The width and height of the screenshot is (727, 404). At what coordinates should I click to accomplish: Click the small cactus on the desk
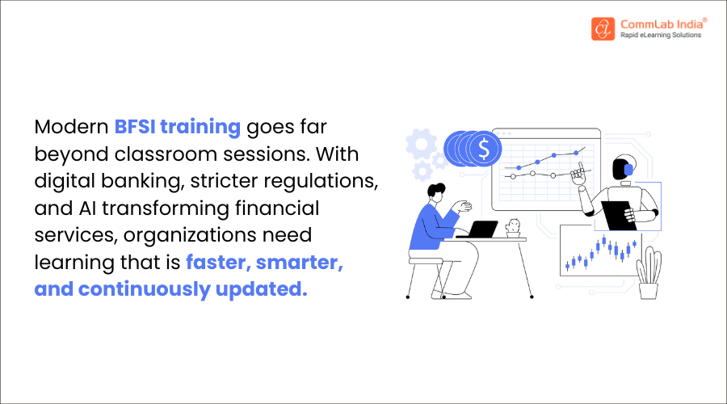click(x=512, y=226)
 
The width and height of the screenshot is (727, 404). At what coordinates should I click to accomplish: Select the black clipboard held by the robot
click(x=619, y=213)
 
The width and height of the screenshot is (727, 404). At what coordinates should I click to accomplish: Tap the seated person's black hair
click(x=435, y=192)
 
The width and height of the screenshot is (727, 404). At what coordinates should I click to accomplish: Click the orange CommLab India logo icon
click(x=601, y=28)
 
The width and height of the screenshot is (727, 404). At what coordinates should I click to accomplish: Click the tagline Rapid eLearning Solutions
click(x=661, y=36)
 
